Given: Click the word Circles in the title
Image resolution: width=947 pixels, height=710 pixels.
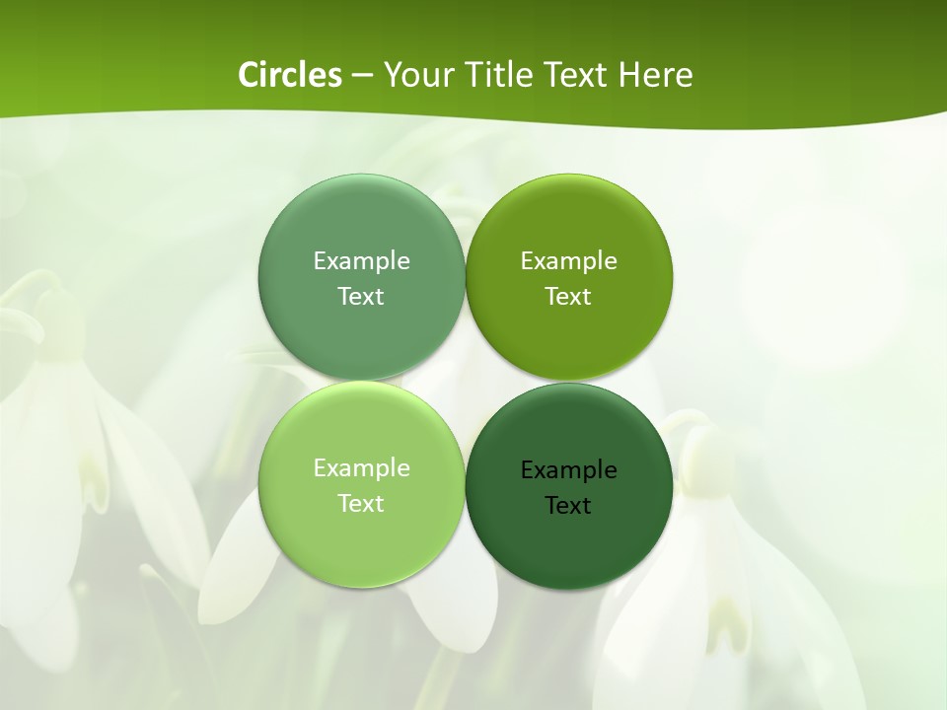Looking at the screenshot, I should coord(290,75).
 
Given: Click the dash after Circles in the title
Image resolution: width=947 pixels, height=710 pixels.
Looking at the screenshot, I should coord(362,76).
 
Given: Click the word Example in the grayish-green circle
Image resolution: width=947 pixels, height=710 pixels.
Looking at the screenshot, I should coord(361,261).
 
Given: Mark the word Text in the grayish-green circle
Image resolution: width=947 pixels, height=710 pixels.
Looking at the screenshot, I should coord(361,297).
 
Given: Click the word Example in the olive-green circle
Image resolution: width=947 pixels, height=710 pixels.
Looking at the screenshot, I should coord(568,261).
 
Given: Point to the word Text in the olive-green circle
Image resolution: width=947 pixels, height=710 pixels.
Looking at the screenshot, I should coord(568,297).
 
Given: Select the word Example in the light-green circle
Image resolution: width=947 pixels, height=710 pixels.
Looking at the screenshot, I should coord(361,468).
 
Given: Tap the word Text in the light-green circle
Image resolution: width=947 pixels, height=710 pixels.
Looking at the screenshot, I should coord(361,504).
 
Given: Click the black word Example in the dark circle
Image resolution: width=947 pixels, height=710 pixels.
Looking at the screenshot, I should coord(568,470).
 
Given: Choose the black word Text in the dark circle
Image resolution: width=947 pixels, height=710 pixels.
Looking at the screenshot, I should coord(568,506).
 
